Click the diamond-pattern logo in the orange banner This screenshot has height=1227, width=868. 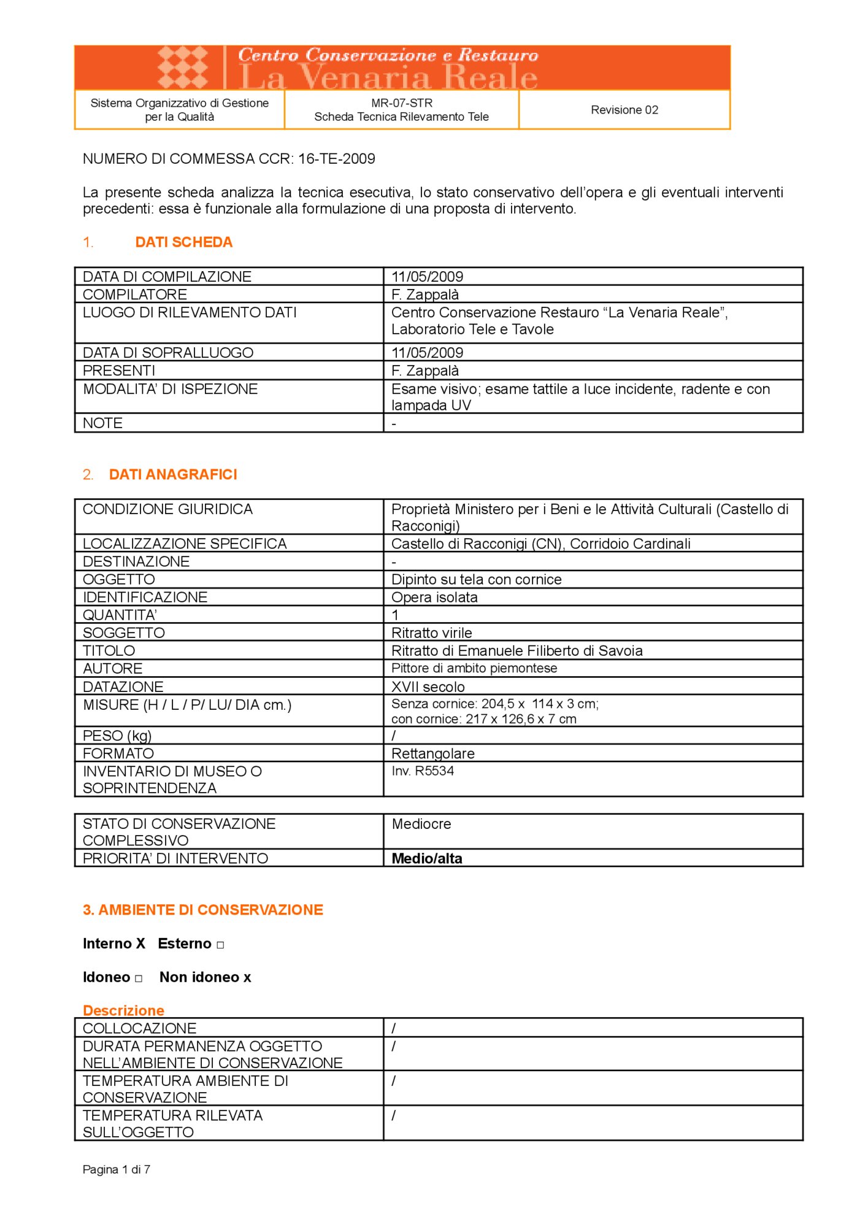coord(182,67)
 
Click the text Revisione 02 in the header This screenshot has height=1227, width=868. coord(624,110)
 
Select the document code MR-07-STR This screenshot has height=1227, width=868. coord(401,103)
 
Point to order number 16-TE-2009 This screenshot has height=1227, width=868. coord(336,159)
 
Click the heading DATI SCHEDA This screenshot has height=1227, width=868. coord(183,242)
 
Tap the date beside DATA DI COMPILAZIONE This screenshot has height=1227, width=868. coord(427,277)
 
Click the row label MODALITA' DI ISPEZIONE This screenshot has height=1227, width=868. coord(170,389)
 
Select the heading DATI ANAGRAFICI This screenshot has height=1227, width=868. coord(172,474)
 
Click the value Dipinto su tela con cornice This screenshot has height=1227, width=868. coord(476,579)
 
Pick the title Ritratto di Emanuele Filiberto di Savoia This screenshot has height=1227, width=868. coord(517,650)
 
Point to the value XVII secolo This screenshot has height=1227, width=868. coord(428,687)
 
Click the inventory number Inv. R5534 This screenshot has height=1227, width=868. coord(422,771)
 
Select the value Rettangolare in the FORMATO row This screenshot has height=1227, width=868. coord(432,753)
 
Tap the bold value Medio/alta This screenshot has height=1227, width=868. coord(426,858)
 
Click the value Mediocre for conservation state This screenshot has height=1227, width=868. coord(421,824)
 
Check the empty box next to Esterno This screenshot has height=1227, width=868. coord(220,945)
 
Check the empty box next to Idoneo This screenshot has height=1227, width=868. coord(139,979)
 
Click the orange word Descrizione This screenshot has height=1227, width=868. coord(123,1010)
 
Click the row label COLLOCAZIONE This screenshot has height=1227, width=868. coord(139,1028)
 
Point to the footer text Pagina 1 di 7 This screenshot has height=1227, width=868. coord(116,1169)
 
